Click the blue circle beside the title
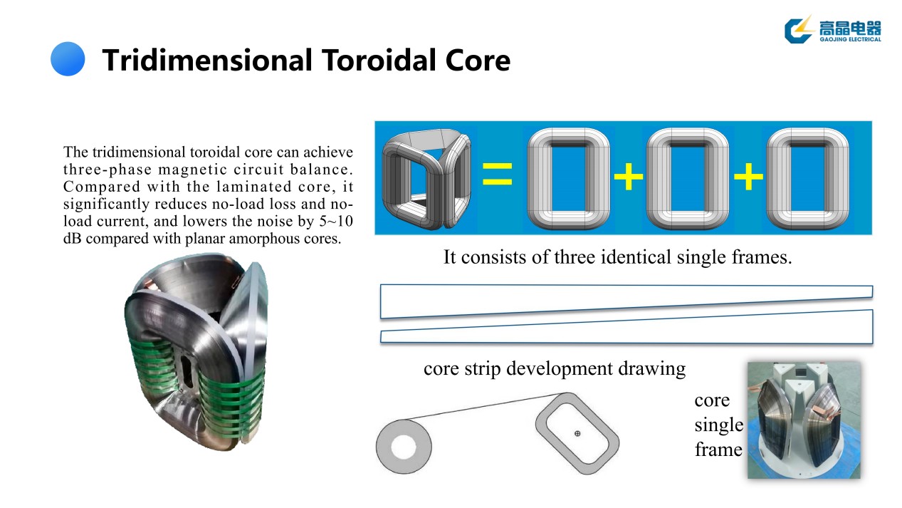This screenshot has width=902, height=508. (x=68, y=58)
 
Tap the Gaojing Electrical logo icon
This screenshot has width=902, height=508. (x=798, y=29)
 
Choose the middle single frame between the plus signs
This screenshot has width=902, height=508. (x=688, y=177)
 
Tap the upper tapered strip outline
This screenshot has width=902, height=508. (x=626, y=299)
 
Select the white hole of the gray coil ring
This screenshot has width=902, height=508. (x=403, y=447)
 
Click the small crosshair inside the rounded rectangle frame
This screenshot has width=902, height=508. (x=577, y=433)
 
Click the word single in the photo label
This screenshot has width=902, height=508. (x=718, y=425)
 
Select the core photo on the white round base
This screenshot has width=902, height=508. (x=804, y=420)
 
